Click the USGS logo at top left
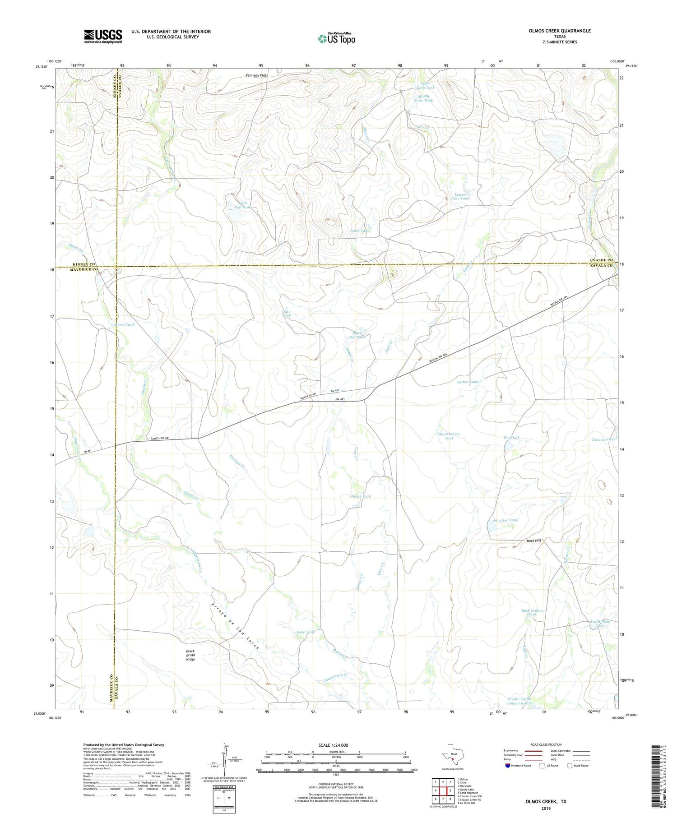[x=103, y=36]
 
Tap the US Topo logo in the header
[x=336, y=39]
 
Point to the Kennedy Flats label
[x=257, y=75]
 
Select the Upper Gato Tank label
[x=427, y=85]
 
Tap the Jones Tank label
[x=359, y=231]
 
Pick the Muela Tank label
[x=124, y=324]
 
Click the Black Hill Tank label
[x=357, y=335]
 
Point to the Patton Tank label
[x=467, y=382]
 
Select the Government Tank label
[x=449, y=436]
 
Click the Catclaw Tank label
[x=603, y=439]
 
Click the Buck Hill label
[x=533, y=541]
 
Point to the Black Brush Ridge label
[x=190, y=655]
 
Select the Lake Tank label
[x=305, y=632]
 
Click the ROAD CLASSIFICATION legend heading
[x=546, y=744]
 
